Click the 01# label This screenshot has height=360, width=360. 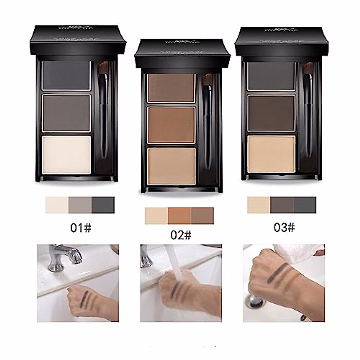click(x=81, y=228)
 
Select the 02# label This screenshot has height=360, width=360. click(x=181, y=235)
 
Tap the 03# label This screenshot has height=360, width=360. click(x=284, y=228)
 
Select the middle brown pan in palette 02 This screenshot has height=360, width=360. click(x=171, y=124)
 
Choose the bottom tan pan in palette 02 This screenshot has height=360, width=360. click(x=171, y=166)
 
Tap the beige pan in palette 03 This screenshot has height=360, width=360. click(x=271, y=154)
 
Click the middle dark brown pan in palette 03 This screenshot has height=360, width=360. click(x=271, y=113)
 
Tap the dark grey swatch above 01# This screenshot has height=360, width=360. click(x=103, y=205)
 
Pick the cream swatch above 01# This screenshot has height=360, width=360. click(x=57, y=205)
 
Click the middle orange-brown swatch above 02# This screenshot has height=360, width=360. click(x=179, y=216)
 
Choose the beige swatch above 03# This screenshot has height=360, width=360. click(x=259, y=205)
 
